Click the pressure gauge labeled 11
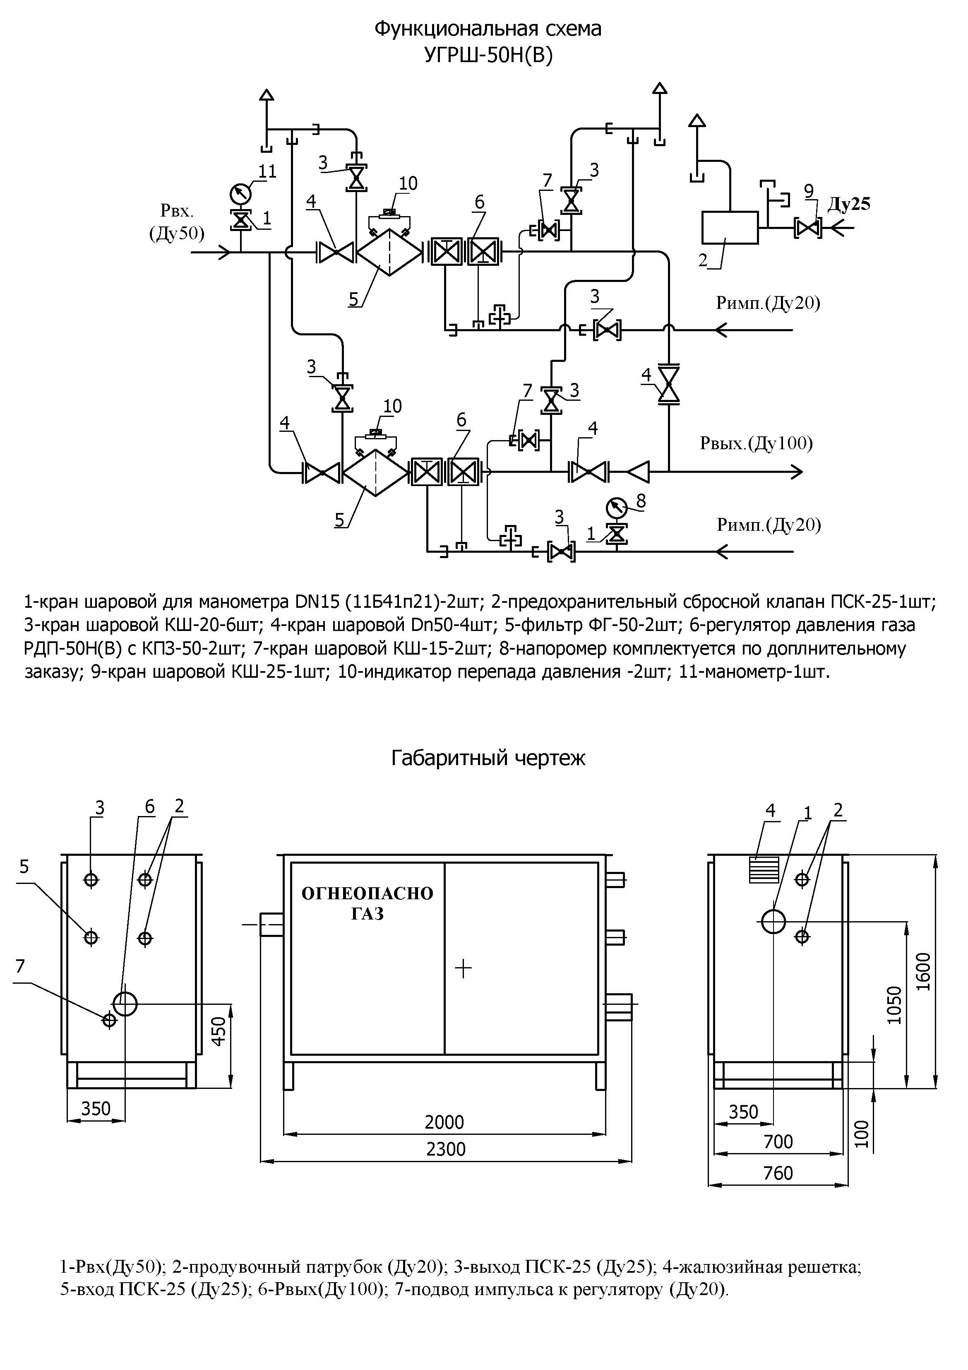[x=240, y=193]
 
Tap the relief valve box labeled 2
[x=730, y=227]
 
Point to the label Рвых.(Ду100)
[x=756, y=443]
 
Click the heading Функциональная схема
[x=488, y=29]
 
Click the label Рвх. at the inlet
[x=177, y=211]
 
